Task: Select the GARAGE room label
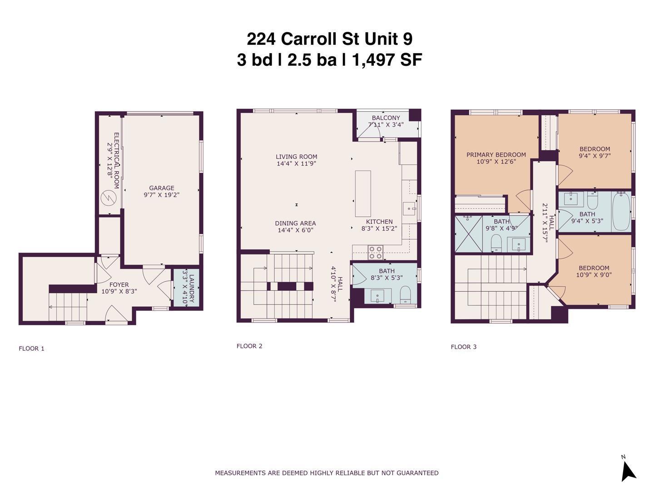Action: [162, 188]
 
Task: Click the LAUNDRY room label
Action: [191, 289]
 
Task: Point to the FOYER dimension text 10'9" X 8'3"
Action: [119, 292]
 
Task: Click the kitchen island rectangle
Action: [363, 194]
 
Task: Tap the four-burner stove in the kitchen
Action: [375, 252]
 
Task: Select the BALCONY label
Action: [386, 118]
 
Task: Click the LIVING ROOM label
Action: [297, 157]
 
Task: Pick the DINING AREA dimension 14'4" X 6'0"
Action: [296, 230]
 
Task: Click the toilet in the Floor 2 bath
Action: [405, 296]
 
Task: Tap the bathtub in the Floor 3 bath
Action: [621, 212]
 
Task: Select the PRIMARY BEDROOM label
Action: [496, 155]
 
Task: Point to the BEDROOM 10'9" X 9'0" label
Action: [594, 271]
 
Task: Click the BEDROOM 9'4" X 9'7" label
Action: [595, 152]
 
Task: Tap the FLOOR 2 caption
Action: [249, 346]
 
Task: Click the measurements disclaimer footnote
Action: [327, 473]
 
